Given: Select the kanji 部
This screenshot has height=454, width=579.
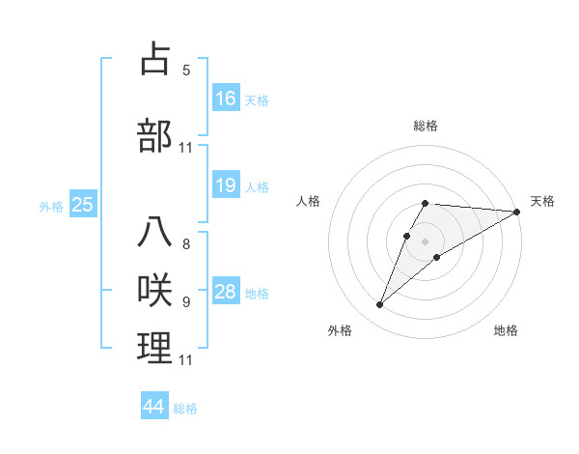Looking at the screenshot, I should coord(155,136).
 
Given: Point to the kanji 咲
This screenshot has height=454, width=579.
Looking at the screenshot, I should coord(155,291).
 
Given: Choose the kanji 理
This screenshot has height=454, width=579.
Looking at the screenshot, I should coord(155,349).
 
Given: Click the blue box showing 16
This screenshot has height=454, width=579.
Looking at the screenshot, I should coord(226,99).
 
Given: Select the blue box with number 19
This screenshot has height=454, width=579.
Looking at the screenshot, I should coord(226,185).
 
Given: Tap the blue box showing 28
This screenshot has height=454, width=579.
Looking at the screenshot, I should coord(226,292).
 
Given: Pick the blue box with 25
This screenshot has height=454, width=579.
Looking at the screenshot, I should coord(82,205).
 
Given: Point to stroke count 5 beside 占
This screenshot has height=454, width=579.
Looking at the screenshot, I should coord(186,70).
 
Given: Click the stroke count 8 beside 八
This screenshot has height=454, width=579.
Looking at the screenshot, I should coord(186,244).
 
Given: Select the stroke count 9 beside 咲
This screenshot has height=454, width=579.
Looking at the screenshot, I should coord(186,302).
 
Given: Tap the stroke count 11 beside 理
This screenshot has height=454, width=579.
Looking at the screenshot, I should coord(186,360).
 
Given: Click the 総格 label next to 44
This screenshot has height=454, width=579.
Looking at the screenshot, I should coord(185,409).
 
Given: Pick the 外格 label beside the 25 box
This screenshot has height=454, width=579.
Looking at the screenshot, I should coord(51,206).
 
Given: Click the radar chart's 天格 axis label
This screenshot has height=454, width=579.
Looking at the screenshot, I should coord(542,201).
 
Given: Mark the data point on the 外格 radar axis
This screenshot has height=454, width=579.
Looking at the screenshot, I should coord(380,305).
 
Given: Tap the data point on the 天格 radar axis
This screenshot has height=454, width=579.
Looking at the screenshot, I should coord(518,212).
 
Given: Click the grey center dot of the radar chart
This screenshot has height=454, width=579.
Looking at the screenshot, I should coord(426,241).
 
